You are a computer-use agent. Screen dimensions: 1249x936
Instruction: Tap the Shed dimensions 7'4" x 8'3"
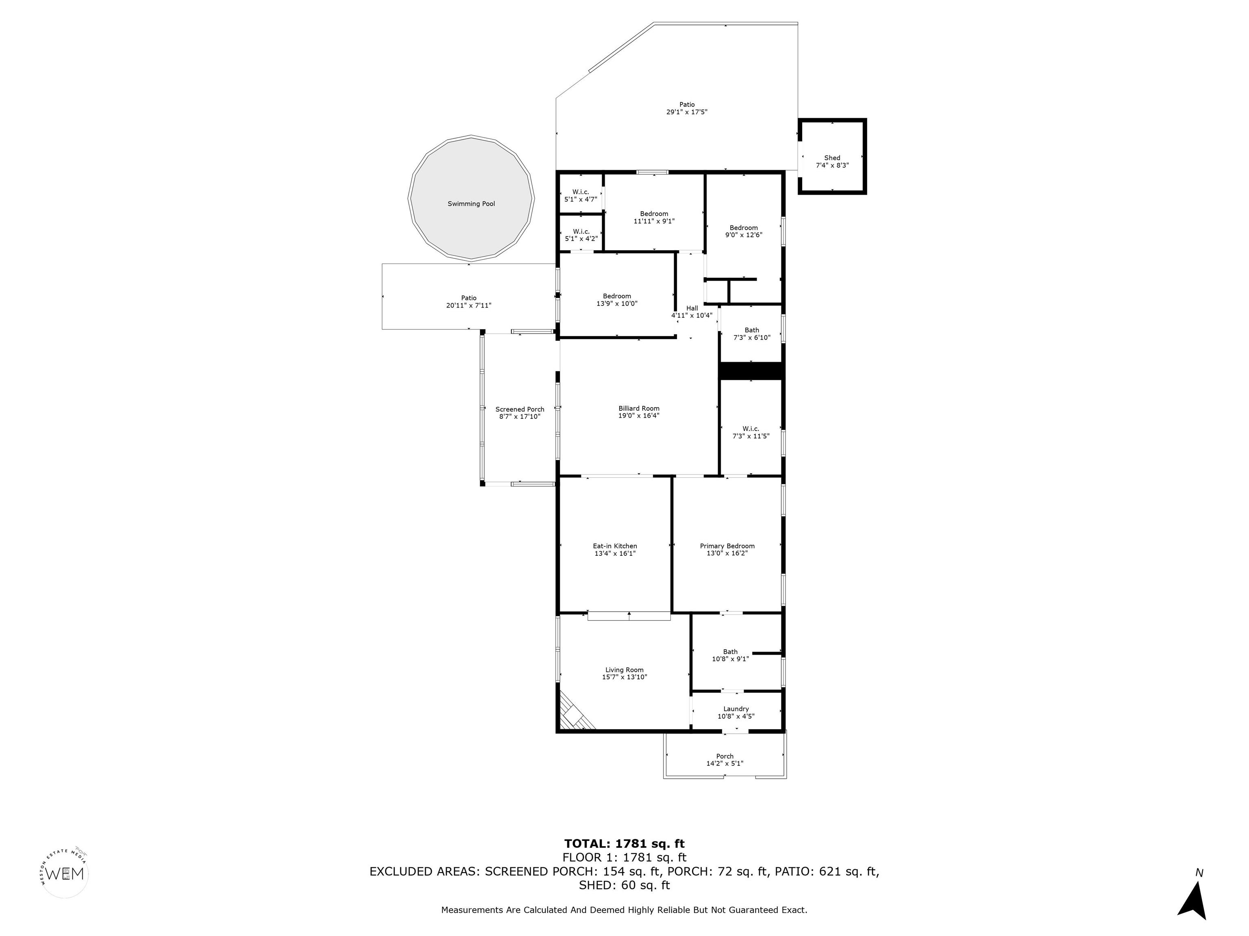(832, 165)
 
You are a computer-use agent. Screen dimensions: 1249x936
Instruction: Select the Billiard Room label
(639, 408)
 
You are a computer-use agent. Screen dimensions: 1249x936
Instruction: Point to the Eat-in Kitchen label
(615, 546)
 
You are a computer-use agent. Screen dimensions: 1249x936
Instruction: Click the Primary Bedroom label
(727, 546)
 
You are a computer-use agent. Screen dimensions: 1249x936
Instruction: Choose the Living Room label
(624, 670)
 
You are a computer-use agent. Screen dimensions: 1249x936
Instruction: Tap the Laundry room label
(736, 709)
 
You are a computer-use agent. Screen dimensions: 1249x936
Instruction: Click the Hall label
(692, 308)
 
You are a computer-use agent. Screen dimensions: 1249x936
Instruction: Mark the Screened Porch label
(520, 409)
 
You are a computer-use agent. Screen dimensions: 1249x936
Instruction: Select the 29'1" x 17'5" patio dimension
(687, 112)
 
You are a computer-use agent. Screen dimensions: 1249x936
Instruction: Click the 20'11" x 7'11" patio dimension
(469, 305)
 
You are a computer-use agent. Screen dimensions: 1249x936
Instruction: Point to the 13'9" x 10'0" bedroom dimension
(617, 303)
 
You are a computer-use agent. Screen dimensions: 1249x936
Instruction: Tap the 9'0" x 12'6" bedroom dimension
(744, 235)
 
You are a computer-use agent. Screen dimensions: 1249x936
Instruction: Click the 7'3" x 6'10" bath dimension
(751, 337)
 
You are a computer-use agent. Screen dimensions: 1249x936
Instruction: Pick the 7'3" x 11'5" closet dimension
(751, 436)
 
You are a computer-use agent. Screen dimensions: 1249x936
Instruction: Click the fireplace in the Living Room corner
(575, 714)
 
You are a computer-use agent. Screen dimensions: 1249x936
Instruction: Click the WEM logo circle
(65, 873)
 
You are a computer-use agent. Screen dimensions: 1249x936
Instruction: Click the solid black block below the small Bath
(751, 370)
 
